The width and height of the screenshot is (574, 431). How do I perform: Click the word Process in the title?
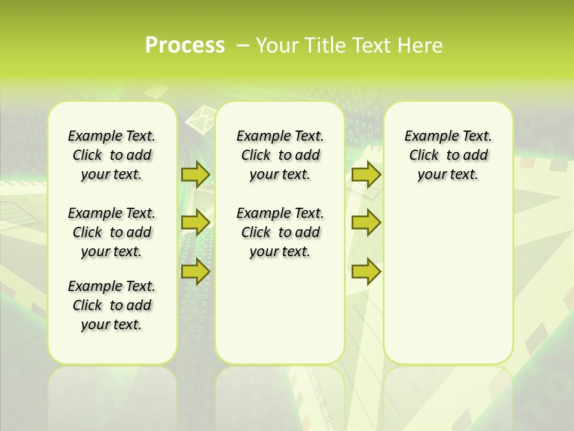click(185, 45)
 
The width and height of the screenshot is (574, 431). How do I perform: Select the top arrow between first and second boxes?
click(195, 174)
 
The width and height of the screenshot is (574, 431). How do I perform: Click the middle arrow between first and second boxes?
click(195, 223)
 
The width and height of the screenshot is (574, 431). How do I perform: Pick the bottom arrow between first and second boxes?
click(195, 271)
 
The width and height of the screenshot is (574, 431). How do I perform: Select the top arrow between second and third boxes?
click(366, 174)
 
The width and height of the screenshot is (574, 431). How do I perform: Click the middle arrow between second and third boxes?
click(366, 223)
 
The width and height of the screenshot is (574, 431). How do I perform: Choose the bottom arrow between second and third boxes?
click(366, 271)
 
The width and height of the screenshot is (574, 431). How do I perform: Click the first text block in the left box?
click(112, 155)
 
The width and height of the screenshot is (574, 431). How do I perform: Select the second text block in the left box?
click(112, 232)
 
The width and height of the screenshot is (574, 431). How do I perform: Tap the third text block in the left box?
click(112, 305)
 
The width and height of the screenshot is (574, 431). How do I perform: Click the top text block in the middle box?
click(280, 155)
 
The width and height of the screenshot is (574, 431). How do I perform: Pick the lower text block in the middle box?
click(280, 232)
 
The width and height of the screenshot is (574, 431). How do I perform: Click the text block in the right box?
click(448, 155)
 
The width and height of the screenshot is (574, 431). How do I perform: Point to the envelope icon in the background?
click(201, 118)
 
